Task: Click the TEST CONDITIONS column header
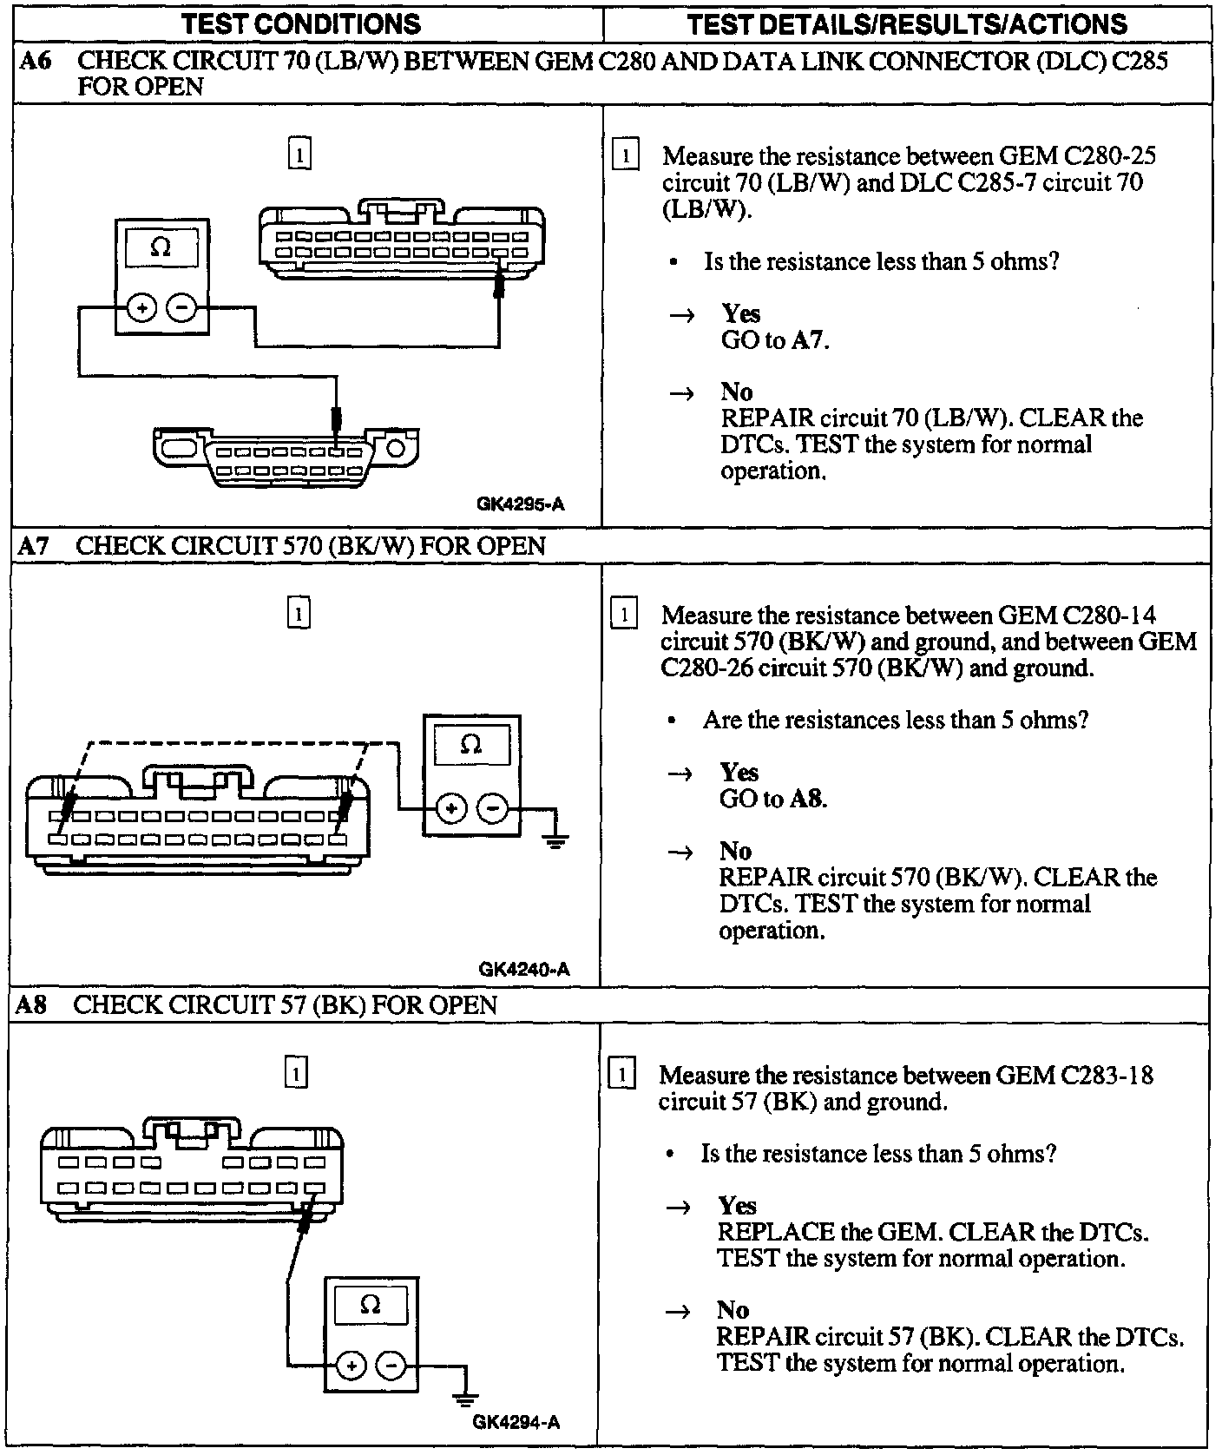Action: (301, 23)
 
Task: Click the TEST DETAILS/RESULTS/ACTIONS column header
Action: (907, 23)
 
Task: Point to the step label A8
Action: (32, 1005)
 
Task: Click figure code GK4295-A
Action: (520, 504)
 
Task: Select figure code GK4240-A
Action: (523, 969)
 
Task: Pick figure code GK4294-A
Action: (516, 1422)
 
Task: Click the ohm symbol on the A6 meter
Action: (161, 248)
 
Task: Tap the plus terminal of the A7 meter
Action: (450, 809)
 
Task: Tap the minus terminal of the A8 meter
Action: (391, 1366)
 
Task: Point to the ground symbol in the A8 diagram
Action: (465, 1398)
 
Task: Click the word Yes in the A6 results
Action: (740, 313)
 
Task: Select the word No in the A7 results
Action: (735, 851)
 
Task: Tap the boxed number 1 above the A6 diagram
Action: (299, 155)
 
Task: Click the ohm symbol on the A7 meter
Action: (470, 745)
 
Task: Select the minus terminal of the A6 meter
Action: (181, 307)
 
